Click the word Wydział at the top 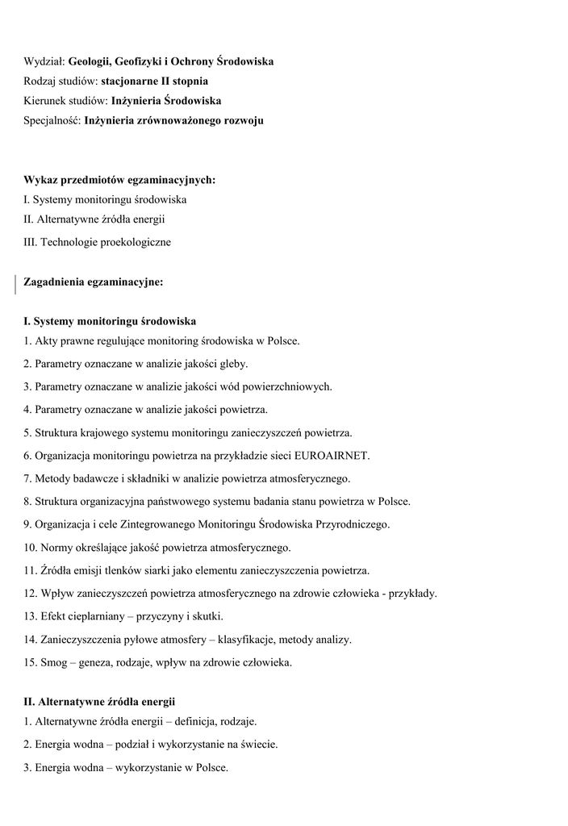pyautogui.click(x=44, y=61)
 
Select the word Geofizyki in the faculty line pyautogui.click(x=142, y=61)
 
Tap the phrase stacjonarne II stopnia pyautogui.click(x=154, y=81)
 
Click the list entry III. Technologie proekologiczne pyautogui.click(x=97, y=241)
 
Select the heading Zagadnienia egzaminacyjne pyautogui.click(x=94, y=282)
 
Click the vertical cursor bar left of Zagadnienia pyautogui.click(x=15, y=283)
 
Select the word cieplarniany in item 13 pyautogui.click(x=98, y=616)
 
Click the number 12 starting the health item pyautogui.click(x=30, y=593)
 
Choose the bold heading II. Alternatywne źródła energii pyautogui.click(x=99, y=702)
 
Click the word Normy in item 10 pyautogui.click(x=56, y=548)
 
